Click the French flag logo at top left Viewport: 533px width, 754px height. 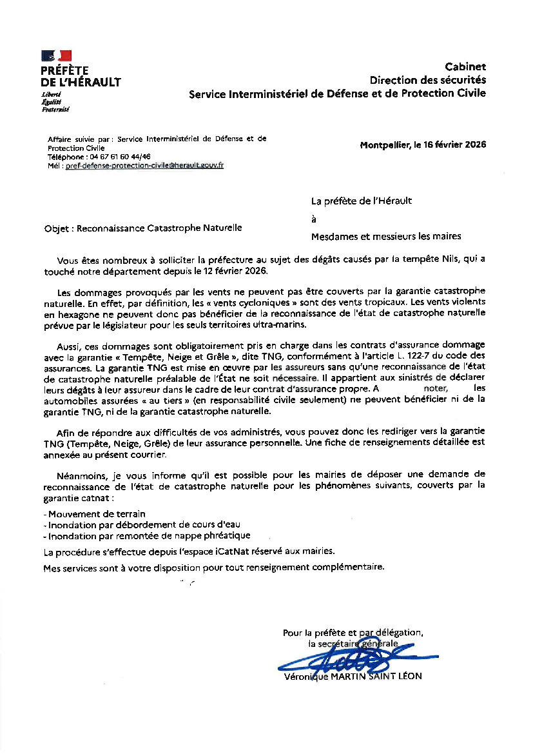tap(56, 56)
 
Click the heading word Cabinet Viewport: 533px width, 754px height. tap(465, 67)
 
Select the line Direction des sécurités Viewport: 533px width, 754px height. tap(428, 80)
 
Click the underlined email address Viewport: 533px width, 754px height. tap(144, 166)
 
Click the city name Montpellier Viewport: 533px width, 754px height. tap(384, 144)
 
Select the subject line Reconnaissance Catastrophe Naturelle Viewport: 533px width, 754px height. tap(159, 228)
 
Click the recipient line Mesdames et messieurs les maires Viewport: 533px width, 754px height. tap(386, 236)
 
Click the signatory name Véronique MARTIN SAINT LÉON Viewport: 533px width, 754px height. tap(353, 677)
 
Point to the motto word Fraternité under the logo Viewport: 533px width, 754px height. tap(55, 110)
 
